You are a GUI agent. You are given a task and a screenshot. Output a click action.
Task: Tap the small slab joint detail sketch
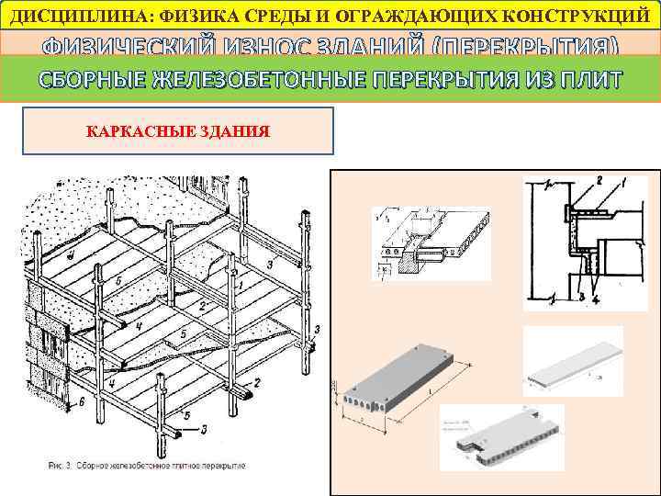422,237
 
